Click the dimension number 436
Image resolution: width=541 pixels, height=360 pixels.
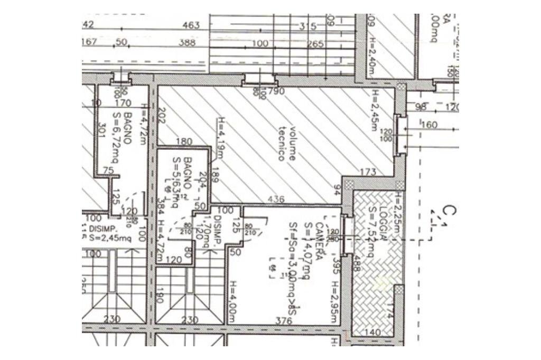276,200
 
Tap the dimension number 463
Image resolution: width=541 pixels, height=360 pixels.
191,25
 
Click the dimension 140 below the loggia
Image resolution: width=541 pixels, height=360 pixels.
373,332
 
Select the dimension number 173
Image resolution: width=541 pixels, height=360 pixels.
368,172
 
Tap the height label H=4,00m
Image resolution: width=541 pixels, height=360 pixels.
232,301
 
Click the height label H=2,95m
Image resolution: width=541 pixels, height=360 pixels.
334,301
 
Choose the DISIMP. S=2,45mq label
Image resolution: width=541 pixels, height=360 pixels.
109,233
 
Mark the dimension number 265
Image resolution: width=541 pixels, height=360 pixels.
315,44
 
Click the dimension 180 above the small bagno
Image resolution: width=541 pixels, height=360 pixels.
183,141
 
